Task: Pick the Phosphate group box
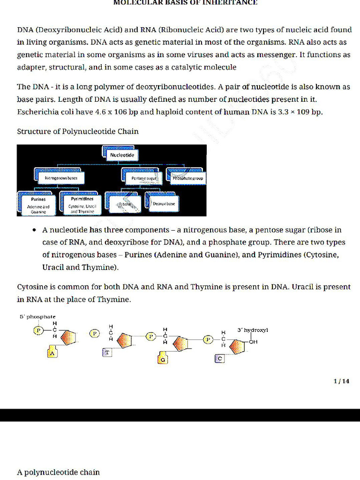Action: coord(188,178)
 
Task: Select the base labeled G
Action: coord(163,359)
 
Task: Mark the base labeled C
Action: coord(219,359)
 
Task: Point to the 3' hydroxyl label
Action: coord(253,330)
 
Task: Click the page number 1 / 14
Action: coord(341,381)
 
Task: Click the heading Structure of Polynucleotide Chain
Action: coord(78,131)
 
